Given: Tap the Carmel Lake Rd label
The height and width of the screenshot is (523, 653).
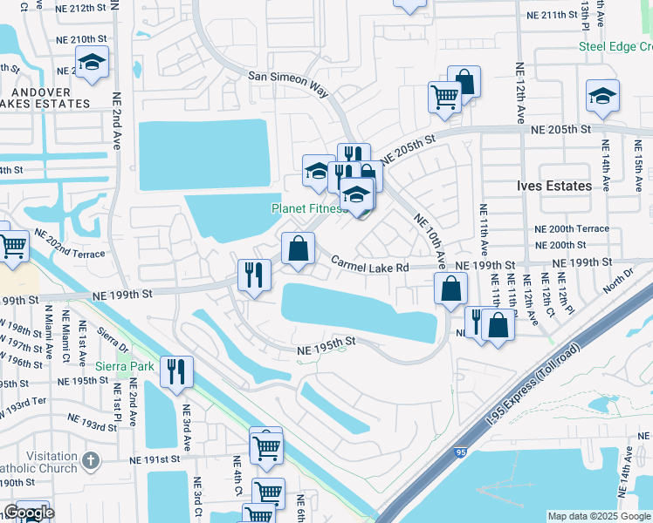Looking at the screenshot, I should tap(369, 266).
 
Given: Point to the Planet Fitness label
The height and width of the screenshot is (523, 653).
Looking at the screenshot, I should tap(310, 208).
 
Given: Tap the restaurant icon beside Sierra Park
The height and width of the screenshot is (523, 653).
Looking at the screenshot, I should tap(177, 371).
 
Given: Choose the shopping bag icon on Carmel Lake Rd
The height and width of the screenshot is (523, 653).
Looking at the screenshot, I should tap(298, 248).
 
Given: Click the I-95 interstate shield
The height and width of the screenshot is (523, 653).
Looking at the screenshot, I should tap(460, 452).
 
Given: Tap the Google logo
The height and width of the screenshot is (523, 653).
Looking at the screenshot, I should tap(28, 513).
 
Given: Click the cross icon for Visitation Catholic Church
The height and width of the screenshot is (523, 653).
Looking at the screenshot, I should tap(90, 458).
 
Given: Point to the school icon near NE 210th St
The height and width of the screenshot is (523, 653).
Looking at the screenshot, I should tap(91, 63).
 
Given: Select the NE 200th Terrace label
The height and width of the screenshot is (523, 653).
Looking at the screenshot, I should tap(572, 228).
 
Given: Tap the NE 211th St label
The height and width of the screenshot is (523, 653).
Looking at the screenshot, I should tap(559, 15).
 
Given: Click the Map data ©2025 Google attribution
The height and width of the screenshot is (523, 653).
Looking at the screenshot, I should tap(599, 516).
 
